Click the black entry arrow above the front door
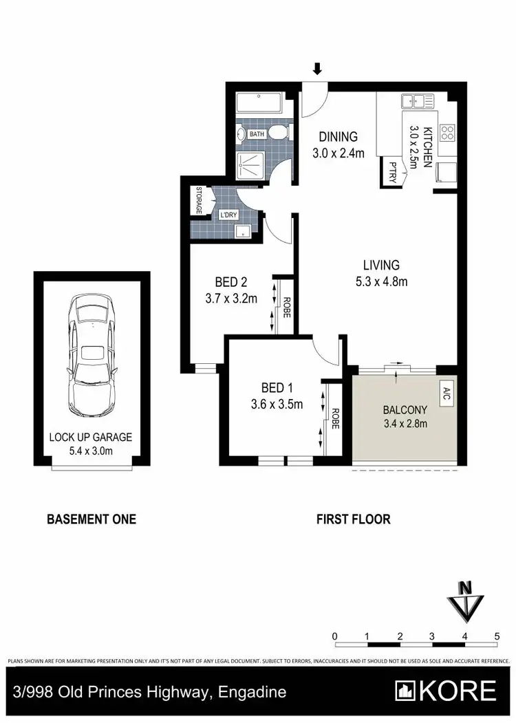317,69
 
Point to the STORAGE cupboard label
199,200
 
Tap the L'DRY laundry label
228,215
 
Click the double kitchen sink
419,102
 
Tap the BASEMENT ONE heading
91,519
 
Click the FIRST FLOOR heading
353,519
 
